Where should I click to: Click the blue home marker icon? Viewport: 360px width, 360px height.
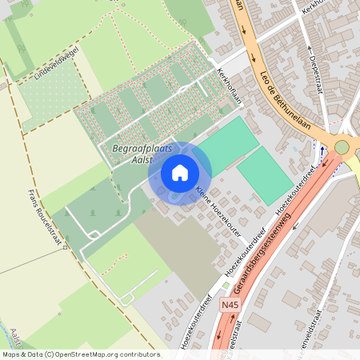[180, 172]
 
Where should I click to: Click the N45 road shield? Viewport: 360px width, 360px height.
[230, 306]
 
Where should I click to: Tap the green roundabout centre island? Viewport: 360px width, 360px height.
[342, 146]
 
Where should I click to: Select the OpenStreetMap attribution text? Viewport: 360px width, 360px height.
[81, 354]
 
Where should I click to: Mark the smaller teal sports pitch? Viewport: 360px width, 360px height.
[265, 174]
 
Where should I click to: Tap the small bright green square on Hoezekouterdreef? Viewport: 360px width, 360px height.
[226, 285]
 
